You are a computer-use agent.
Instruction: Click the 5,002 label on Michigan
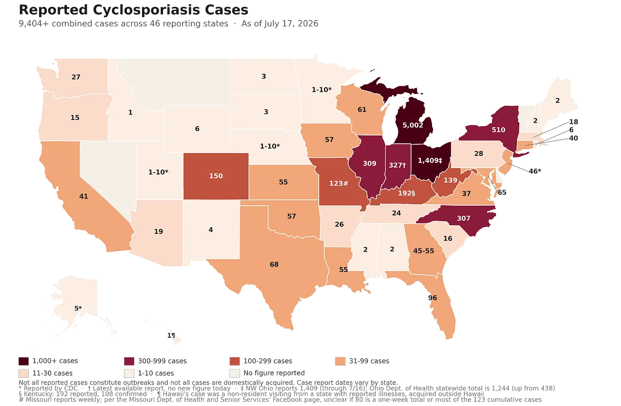tap(413, 125)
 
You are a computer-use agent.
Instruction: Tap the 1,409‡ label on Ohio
tap(430, 160)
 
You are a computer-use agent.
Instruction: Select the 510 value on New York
tap(498, 130)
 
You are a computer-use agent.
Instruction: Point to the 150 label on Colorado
tap(216, 176)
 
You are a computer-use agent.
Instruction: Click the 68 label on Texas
tap(274, 265)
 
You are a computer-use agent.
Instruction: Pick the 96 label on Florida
tap(433, 298)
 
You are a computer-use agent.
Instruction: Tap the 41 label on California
tap(83, 196)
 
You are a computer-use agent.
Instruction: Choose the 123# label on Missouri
tap(338, 183)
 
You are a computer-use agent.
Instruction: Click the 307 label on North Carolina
tap(463, 218)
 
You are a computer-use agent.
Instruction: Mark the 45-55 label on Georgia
tap(424, 251)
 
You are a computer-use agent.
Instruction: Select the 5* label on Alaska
tap(78, 309)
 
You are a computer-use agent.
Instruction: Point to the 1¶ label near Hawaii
tap(171, 335)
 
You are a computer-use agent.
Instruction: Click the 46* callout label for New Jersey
tap(535, 171)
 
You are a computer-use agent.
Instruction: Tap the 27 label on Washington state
tap(76, 77)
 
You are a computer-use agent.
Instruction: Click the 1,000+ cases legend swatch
tap(23, 361)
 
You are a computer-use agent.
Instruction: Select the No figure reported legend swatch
tap(234, 373)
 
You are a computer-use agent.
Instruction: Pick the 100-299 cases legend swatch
tap(234, 361)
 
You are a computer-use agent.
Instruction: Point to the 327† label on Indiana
tap(397, 165)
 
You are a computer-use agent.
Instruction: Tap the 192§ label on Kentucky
tap(406, 193)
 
